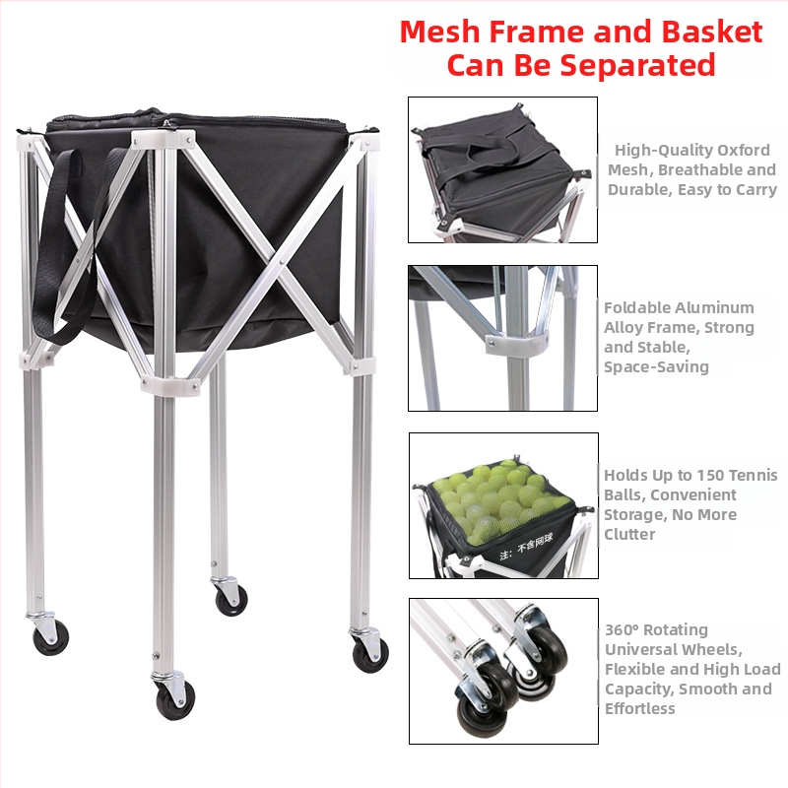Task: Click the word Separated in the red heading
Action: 615,65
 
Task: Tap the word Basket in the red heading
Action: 712,32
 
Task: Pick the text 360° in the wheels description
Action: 622,629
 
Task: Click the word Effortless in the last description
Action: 639,708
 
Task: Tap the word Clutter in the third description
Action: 629,534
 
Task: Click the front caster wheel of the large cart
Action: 175,700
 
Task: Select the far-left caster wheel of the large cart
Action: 50,637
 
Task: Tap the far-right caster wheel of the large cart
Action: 370,655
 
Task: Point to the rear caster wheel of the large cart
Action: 231,600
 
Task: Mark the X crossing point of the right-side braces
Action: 281,261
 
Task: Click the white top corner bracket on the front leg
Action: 163,139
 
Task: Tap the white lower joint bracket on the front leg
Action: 169,383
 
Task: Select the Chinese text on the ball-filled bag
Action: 526,548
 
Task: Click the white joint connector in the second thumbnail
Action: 517,343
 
